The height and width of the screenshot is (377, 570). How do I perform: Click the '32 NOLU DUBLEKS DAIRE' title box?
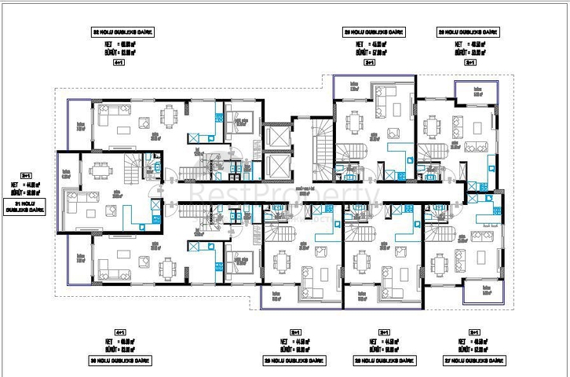122,33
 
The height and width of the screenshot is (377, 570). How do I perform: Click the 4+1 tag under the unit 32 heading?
119,61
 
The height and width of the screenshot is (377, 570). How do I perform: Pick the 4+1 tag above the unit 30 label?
119,332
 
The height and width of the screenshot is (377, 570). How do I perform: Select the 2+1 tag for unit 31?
26,176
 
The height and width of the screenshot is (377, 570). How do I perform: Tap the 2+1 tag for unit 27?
473,332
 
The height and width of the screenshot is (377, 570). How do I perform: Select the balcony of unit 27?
477,292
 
